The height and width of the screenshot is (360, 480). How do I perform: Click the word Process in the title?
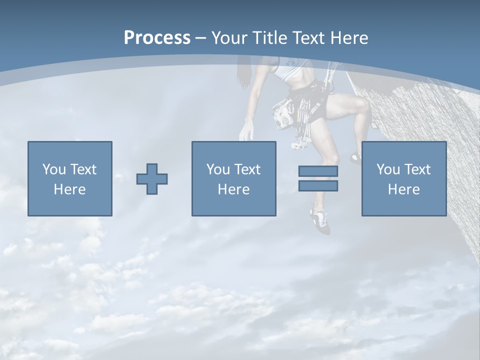click(157, 38)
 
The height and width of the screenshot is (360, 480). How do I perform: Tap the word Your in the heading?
click(229, 38)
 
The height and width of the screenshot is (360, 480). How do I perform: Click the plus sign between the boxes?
click(152, 178)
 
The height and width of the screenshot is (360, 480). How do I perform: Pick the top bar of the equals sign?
click(318, 171)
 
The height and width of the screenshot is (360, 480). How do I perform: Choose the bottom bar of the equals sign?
click(318, 186)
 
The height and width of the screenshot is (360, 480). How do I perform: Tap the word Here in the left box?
click(70, 189)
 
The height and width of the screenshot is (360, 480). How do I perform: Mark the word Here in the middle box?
click(234, 189)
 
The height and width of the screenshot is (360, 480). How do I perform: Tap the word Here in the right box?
click(404, 189)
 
